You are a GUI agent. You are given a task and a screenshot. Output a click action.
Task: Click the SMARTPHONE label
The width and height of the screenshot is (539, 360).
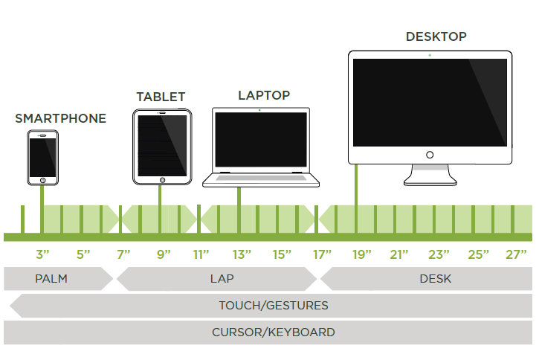(x=60, y=118)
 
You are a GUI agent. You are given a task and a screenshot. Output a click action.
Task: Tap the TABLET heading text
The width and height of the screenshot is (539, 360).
(x=161, y=97)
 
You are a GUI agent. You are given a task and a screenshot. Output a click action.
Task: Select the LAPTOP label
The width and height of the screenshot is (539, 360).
(x=264, y=95)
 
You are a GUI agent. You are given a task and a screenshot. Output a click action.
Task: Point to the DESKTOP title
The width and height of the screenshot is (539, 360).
(x=436, y=36)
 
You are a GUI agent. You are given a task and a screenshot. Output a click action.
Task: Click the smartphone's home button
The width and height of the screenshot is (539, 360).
(x=42, y=180)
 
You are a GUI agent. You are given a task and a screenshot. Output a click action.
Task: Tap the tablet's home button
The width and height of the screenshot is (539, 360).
(x=161, y=179)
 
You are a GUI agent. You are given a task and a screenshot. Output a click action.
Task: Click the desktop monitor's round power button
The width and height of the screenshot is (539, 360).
(x=430, y=155)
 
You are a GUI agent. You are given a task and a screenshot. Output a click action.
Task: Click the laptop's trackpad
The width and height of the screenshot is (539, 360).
(x=260, y=179)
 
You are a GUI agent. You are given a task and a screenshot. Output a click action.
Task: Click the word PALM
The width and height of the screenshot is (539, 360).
(x=51, y=279)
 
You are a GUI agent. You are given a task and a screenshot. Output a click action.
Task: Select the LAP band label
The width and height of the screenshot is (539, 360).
(x=218, y=279)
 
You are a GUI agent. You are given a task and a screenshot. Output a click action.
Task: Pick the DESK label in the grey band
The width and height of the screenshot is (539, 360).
(x=435, y=279)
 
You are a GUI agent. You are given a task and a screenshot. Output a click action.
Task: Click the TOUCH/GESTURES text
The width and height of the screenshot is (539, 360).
(x=273, y=306)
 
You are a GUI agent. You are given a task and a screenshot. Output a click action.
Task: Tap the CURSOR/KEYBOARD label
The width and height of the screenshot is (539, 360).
(x=273, y=332)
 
